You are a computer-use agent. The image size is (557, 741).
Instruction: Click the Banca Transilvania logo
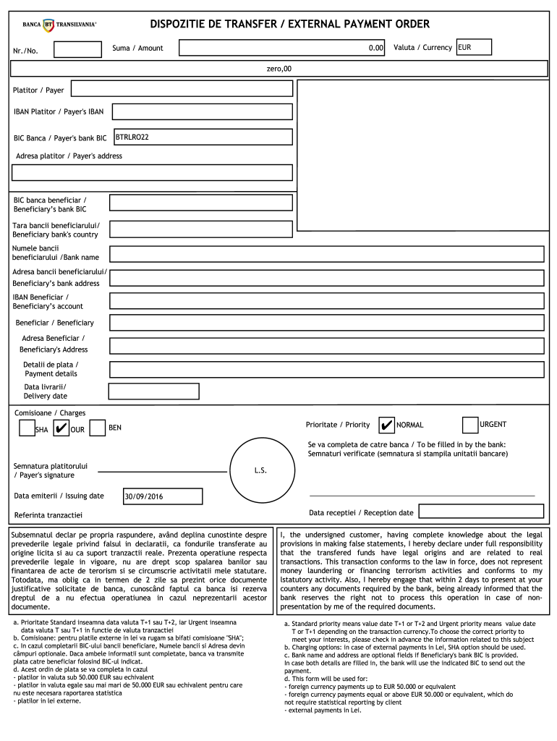tap(59, 25)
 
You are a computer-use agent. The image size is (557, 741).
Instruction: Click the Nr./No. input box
tap(78, 49)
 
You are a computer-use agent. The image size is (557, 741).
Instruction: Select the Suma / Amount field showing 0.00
tap(282, 48)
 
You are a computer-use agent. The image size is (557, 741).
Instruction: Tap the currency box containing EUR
tap(473, 48)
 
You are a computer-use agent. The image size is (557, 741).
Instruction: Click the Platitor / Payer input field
tap(182, 89)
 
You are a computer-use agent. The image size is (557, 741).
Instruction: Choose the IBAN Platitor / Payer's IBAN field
tap(202, 111)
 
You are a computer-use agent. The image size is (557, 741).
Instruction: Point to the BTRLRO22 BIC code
tap(132, 137)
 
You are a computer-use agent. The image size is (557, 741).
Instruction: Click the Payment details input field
tap(326, 369)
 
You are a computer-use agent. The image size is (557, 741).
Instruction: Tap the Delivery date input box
tap(153, 391)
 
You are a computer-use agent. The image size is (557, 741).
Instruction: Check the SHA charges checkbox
tap(27, 428)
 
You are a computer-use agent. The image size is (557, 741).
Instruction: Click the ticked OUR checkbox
tap(61, 428)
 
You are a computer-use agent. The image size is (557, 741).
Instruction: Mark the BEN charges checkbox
tap(97, 428)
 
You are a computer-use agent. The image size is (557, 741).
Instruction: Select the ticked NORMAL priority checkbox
tap(387, 425)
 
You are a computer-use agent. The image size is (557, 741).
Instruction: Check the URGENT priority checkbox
tap(469, 424)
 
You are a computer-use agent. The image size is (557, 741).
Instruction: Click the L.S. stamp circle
tap(260, 470)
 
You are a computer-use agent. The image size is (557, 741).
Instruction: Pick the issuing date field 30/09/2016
tap(163, 496)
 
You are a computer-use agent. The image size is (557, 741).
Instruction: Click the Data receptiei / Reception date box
tap(481, 511)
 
